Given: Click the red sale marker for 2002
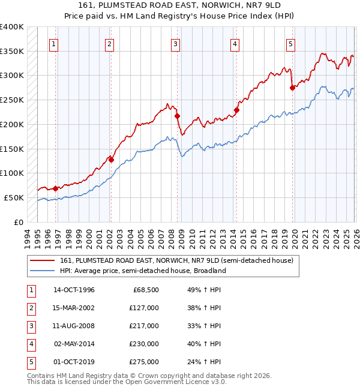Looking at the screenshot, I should pos(111,160).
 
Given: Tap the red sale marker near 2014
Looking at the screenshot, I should pos(236,110).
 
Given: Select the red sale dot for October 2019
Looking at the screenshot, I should pos(292,88).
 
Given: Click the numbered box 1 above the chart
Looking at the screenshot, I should pos(54,43).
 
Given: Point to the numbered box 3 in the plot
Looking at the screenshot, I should pos(175,43).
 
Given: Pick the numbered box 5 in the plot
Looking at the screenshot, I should pos(290,43).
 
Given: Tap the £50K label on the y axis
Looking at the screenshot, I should pos(14,197).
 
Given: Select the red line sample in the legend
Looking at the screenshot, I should pos(42,261).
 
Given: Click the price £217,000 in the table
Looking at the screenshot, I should pos(144,326).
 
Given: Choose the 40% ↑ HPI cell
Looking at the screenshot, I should pos(205,344).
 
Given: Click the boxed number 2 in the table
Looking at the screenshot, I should pos(31,308).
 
